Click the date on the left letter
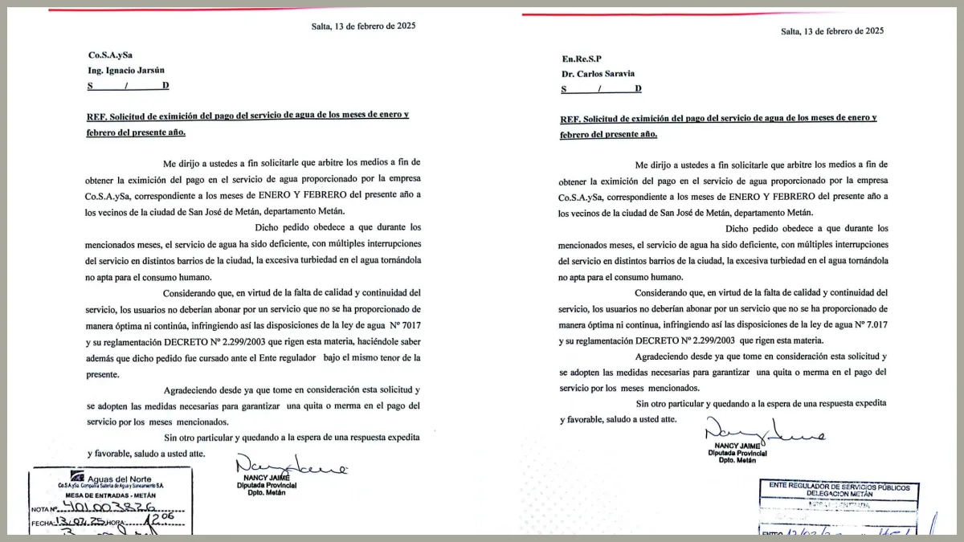pos(363,26)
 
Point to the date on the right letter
pos(832,31)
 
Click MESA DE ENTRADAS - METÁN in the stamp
pos(112,495)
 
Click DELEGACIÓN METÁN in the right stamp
pos(839,495)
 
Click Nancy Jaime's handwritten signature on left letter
pos(291,466)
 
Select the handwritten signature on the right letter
pos(763,433)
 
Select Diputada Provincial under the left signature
pos(267,485)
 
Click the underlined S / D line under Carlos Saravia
pos(601,88)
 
